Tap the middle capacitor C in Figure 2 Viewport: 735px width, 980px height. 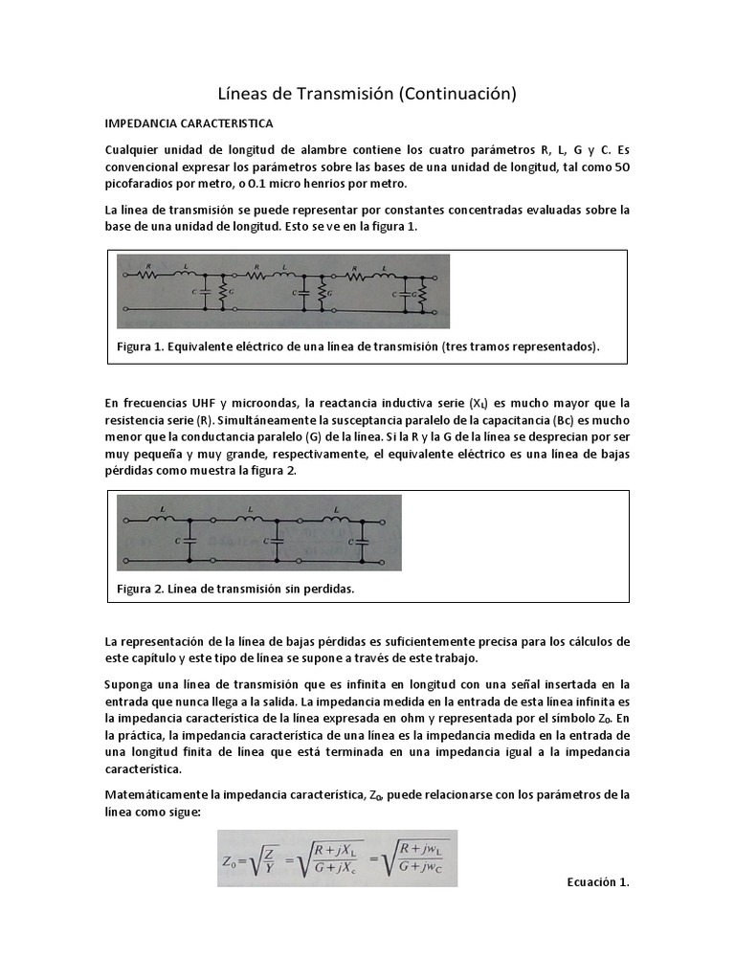point(277,541)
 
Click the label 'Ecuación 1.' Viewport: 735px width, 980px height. point(598,882)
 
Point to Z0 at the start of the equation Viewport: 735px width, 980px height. point(234,859)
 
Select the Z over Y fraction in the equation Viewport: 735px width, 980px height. point(271,858)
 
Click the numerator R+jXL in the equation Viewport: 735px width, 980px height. point(331,848)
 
